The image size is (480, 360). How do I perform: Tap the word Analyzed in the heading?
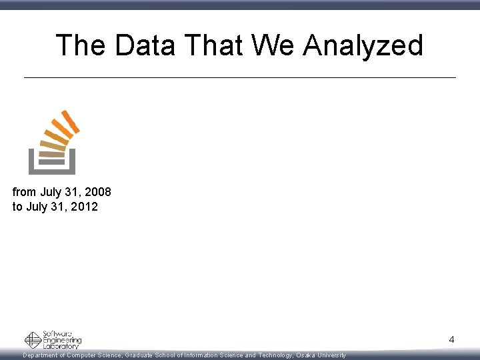[x=363, y=45]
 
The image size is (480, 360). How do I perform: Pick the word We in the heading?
[x=274, y=45]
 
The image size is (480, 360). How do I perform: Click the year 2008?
[x=97, y=192]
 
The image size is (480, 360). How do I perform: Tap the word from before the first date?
[x=24, y=192]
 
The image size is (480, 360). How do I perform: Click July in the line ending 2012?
[x=37, y=207]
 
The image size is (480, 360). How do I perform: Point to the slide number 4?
[x=451, y=340]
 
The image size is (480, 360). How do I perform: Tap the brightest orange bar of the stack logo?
[x=69, y=121]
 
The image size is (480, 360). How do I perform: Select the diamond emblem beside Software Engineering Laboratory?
[x=33, y=340]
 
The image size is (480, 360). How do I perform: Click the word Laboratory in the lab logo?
[x=61, y=346]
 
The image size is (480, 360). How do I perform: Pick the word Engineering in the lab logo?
[x=62, y=340]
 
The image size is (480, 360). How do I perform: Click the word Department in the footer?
[x=43, y=355]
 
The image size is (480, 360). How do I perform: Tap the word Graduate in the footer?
[x=139, y=355]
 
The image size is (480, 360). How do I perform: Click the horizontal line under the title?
[x=240, y=78]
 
